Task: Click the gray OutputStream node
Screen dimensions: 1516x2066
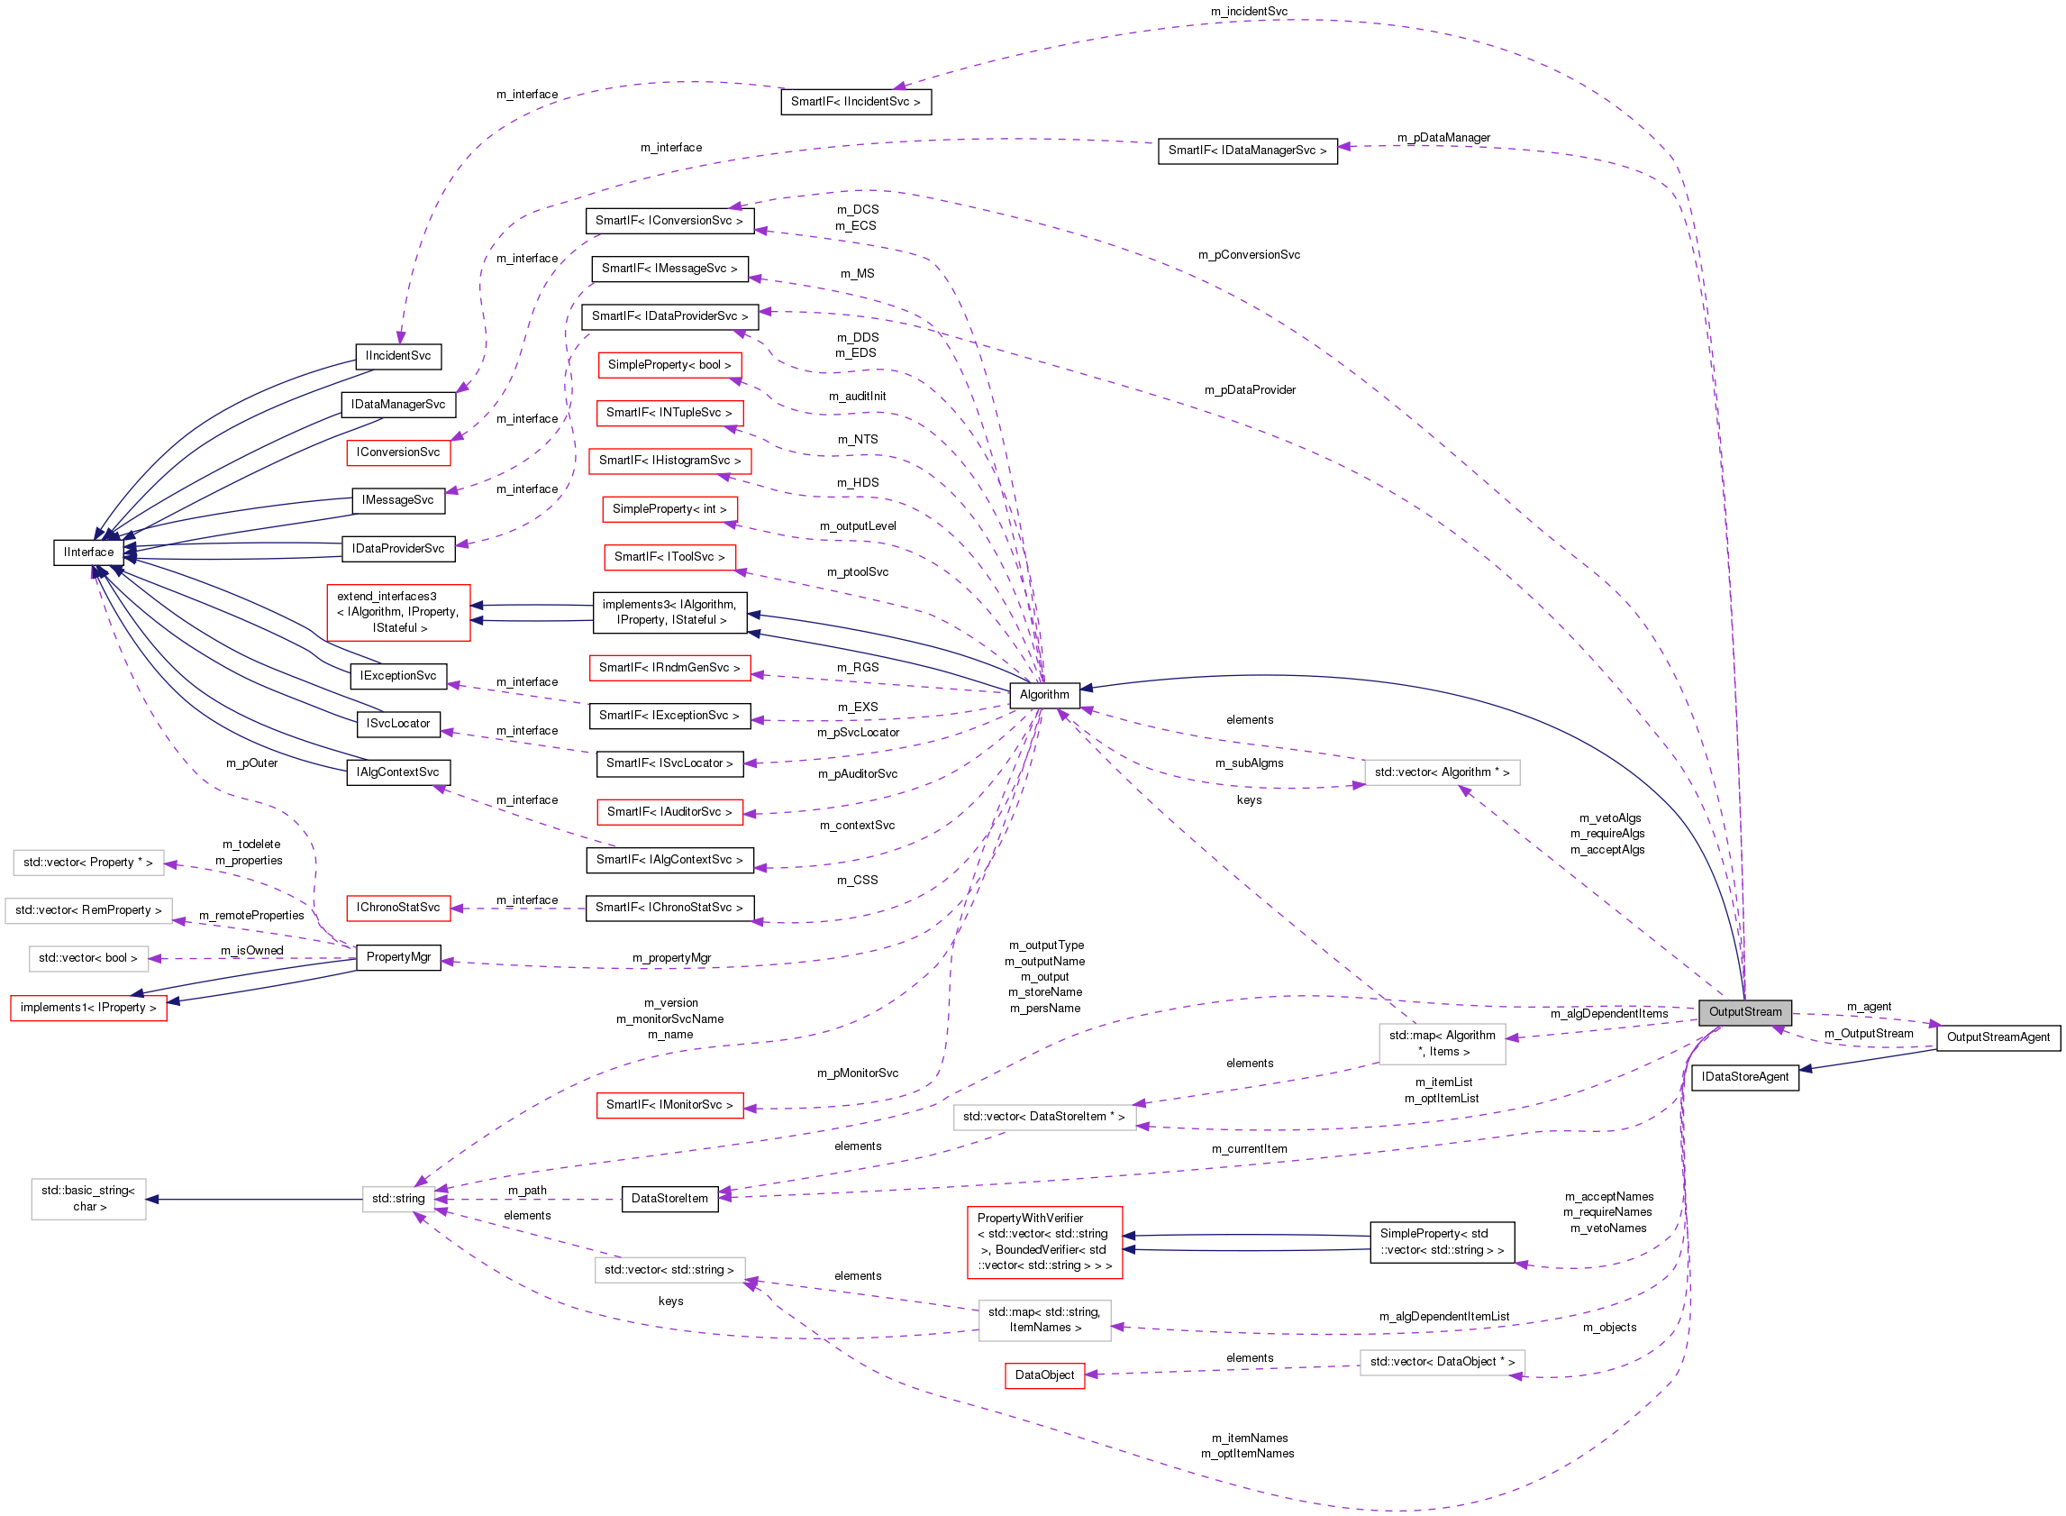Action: click(1744, 1011)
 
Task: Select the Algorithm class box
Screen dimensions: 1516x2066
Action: click(1044, 695)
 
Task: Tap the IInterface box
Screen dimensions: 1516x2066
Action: click(89, 552)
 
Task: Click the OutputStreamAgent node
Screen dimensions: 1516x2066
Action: click(1998, 1037)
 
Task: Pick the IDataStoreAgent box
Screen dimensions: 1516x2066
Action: click(1744, 1076)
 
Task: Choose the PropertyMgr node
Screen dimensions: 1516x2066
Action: click(398, 956)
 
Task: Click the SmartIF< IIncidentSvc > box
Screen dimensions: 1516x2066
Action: click(855, 101)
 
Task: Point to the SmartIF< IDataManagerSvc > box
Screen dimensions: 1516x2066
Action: click(1247, 150)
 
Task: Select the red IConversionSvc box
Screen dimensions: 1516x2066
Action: click(398, 452)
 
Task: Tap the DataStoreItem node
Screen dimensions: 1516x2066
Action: click(669, 1198)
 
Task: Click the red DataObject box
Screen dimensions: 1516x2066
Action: click(1044, 1374)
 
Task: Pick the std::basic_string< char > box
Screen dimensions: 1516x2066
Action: click(89, 1198)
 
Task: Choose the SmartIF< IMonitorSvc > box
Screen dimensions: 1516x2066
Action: click(669, 1104)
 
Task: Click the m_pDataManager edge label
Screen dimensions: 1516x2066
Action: click(1443, 138)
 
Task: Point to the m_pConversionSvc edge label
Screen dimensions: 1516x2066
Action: click(1249, 254)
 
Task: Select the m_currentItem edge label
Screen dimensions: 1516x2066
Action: click(1249, 1148)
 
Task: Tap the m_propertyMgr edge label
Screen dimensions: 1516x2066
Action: click(670, 957)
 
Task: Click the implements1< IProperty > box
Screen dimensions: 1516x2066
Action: click(89, 1007)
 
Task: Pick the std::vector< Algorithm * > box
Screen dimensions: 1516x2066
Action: click(1442, 772)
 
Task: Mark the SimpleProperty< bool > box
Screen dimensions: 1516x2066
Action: click(669, 364)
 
